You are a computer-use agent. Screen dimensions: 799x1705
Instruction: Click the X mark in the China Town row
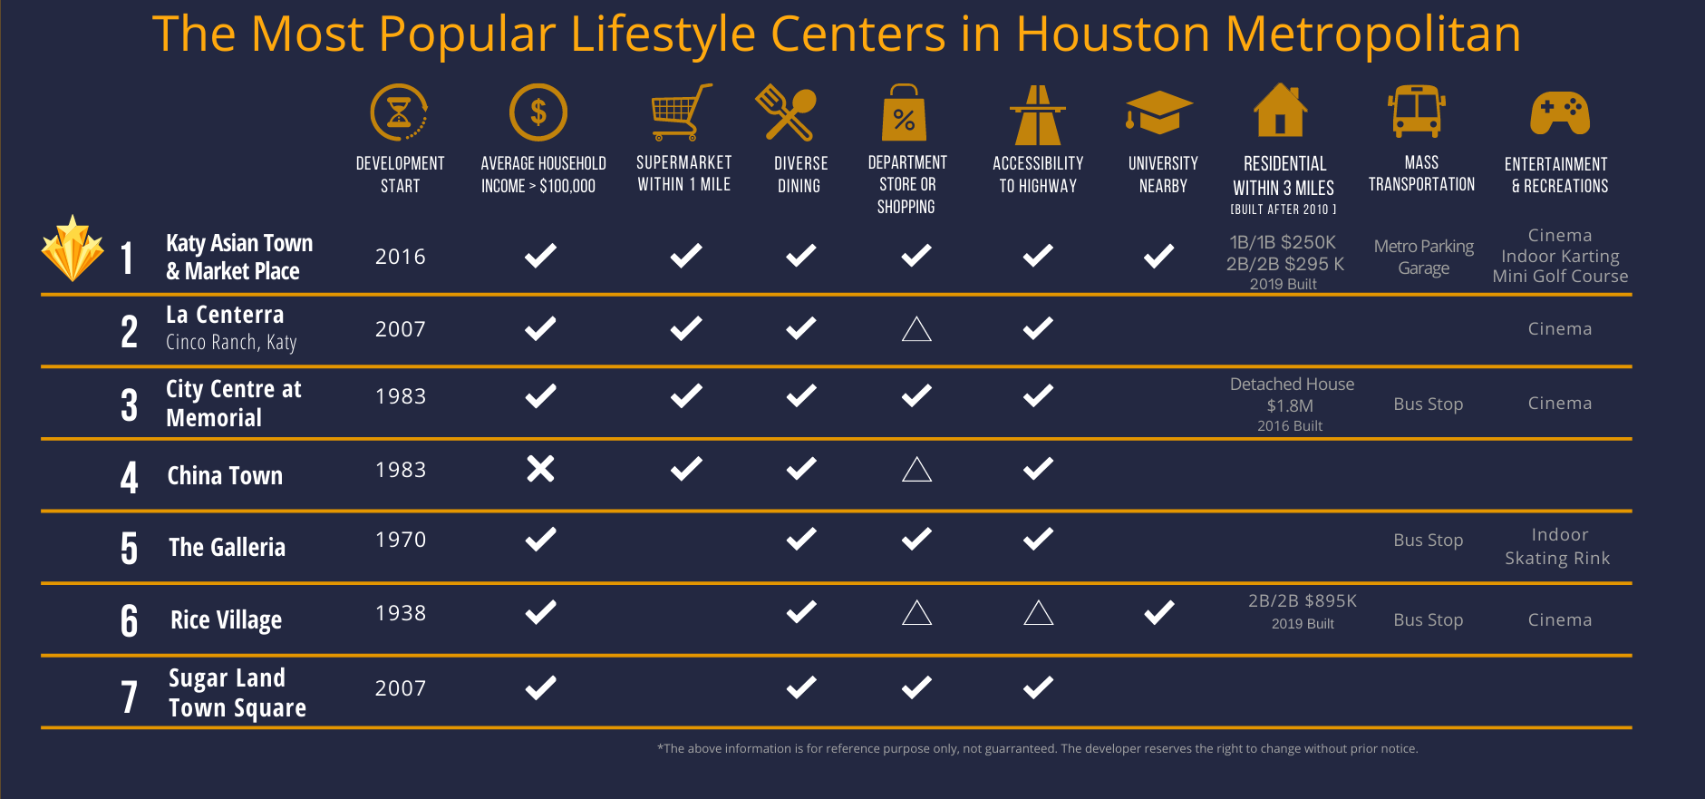tap(540, 469)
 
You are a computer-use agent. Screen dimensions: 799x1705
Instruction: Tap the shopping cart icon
tap(681, 112)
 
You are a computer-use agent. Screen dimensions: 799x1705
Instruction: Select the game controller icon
tap(1559, 112)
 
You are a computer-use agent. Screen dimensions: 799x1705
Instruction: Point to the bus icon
tap(1416, 112)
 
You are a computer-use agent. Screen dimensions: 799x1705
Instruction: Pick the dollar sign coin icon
tap(538, 112)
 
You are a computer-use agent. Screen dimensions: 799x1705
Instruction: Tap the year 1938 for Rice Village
tap(401, 613)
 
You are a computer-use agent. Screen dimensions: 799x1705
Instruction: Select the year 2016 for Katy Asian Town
tap(401, 257)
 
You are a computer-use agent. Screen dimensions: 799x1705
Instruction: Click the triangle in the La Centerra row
tap(916, 329)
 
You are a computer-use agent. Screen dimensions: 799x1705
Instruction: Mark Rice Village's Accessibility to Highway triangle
tap(1038, 614)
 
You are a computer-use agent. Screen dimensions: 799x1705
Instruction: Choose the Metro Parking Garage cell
tap(1423, 257)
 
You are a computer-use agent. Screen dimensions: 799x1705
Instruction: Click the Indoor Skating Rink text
tap(1558, 547)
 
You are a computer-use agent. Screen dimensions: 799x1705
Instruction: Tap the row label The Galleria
tap(227, 547)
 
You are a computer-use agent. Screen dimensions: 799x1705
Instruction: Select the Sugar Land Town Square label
tap(237, 693)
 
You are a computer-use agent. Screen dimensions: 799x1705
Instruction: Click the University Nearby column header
tap(1163, 174)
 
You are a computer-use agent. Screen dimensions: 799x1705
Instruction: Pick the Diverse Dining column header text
tap(800, 174)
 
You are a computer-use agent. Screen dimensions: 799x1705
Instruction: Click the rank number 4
tap(130, 477)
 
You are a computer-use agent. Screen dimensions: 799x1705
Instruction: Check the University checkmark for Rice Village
tap(1158, 613)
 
